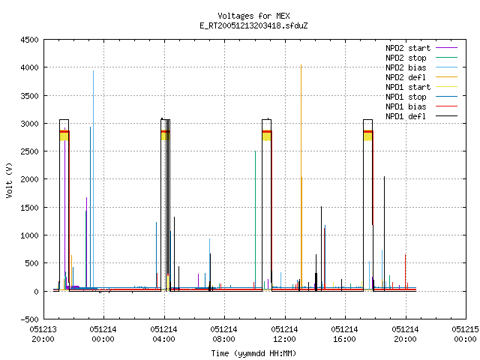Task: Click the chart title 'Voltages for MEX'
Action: (x=253, y=16)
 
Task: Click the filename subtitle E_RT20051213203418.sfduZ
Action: (x=253, y=25)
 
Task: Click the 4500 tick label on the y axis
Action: (x=29, y=40)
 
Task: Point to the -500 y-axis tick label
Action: (x=29, y=319)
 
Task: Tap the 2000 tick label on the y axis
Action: (x=29, y=179)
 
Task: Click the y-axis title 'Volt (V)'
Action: (x=10, y=180)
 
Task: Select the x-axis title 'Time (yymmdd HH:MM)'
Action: (x=253, y=353)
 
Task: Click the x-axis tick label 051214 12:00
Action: (x=284, y=334)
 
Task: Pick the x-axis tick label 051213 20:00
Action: (x=43, y=334)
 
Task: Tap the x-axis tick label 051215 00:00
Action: (x=465, y=334)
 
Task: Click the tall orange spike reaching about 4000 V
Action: (x=301, y=178)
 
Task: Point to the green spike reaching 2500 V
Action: (x=255, y=220)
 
